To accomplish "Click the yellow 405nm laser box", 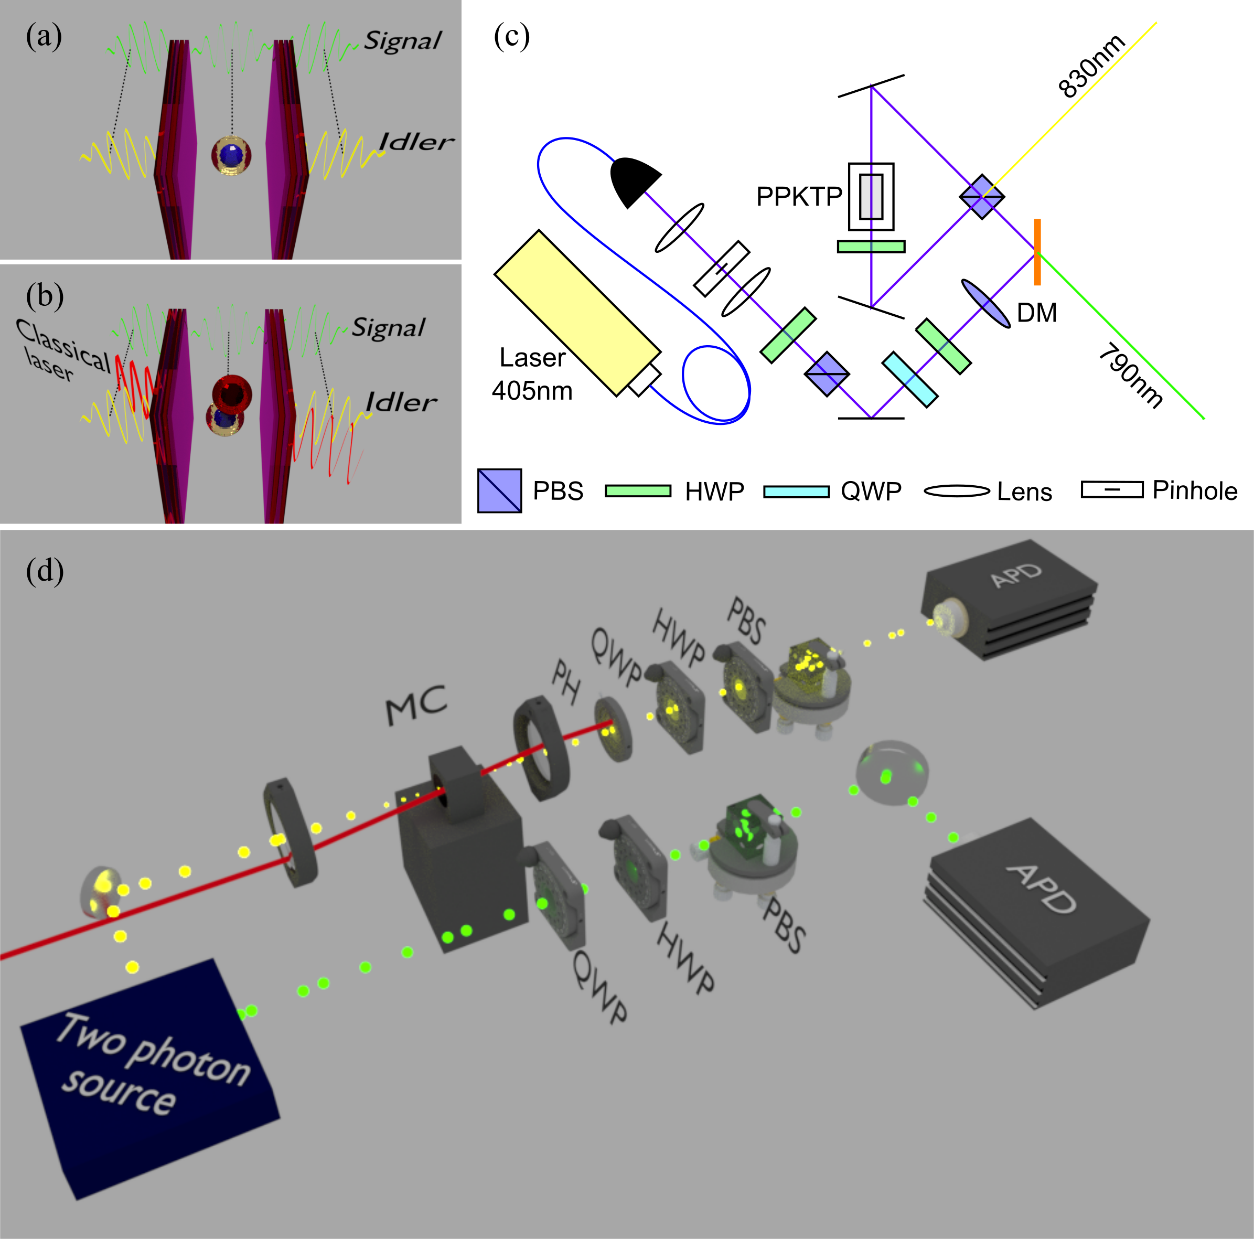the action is click(x=577, y=313).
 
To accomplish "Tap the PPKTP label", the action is click(x=799, y=196).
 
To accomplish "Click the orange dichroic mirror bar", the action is click(x=1038, y=252).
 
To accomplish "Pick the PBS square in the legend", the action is click(x=499, y=490).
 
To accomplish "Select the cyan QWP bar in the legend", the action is click(x=797, y=492).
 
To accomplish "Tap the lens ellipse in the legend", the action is click(x=957, y=492).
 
